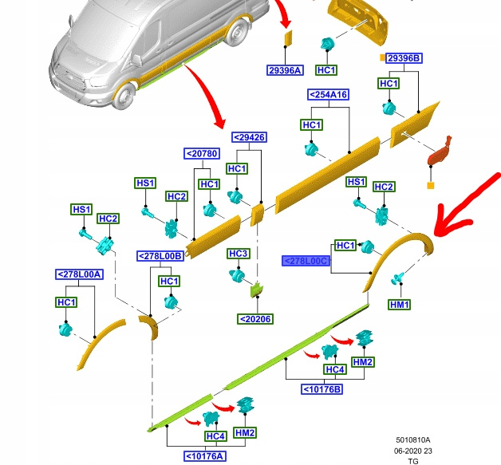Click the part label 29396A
pyautogui.click(x=285, y=70)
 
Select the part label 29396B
pyautogui.click(x=404, y=58)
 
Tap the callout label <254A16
pyautogui.click(x=328, y=94)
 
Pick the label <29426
pyautogui.click(x=249, y=137)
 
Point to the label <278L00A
pyautogui.click(x=79, y=274)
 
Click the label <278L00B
pyautogui.click(x=160, y=255)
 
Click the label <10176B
pyautogui.click(x=322, y=389)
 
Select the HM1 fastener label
pyautogui.click(x=399, y=305)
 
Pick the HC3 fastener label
pyautogui.click(x=239, y=254)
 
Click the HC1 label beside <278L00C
pyautogui.click(x=345, y=245)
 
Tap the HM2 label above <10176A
pyautogui.click(x=246, y=433)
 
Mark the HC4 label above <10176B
pyautogui.click(x=334, y=370)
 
